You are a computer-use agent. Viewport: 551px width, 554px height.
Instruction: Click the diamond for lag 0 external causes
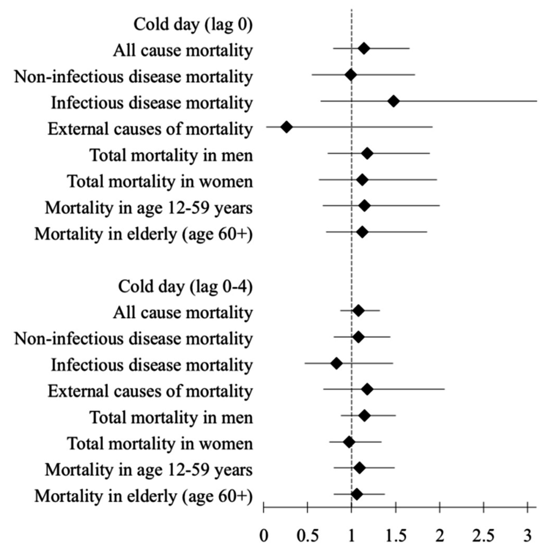point(286,127)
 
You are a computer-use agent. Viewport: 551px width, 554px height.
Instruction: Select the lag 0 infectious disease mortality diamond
point(393,101)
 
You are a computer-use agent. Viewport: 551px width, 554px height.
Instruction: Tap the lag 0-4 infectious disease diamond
point(336,363)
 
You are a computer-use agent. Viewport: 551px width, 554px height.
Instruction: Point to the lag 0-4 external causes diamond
point(367,389)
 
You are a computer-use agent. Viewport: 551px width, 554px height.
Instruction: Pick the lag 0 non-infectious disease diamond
point(351,75)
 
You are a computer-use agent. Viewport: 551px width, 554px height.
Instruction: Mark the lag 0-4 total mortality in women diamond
point(349,442)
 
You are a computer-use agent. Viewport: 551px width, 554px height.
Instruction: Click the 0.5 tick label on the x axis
point(308,536)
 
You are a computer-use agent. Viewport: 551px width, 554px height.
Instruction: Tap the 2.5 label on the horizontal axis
point(484,536)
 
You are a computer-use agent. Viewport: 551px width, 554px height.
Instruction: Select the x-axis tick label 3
point(527,536)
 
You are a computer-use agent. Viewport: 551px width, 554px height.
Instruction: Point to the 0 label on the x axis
point(264,536)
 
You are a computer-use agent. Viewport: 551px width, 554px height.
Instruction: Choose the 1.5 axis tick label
point(396,536)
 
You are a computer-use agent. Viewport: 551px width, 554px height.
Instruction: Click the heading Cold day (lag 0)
point(193,25)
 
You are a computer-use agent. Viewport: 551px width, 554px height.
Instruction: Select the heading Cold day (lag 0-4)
point(185,286)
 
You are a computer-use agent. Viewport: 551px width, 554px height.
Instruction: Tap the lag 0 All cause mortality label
point(183,50)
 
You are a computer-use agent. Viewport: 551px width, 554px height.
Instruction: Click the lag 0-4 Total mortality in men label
point(171,417)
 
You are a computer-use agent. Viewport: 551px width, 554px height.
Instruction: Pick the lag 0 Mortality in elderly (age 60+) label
point(144,234)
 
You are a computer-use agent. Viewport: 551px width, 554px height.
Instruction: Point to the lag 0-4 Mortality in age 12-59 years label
point(149,470)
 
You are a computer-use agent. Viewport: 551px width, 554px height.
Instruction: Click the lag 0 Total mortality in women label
point(160,182)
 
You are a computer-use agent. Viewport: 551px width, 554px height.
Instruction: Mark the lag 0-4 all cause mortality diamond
point(358,310)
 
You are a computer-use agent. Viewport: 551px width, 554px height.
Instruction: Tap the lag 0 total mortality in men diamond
point(367,154)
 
